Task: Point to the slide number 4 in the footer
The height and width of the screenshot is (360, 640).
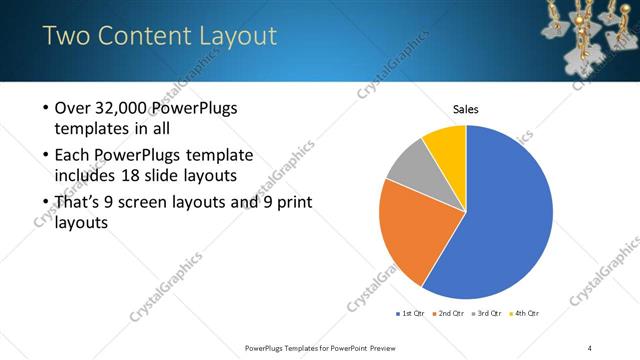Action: tap(590, 348)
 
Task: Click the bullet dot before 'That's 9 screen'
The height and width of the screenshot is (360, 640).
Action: tap(46, 203)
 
